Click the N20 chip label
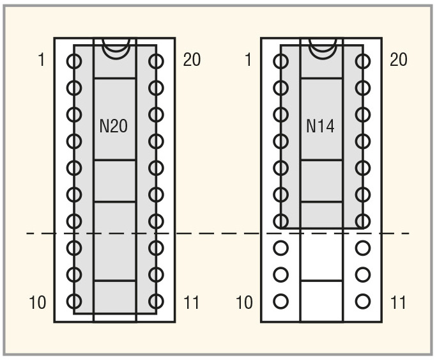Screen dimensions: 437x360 (x=114, y=126)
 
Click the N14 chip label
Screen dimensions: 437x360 (x=320, y=126)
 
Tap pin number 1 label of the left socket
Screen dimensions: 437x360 (x=42, y=59)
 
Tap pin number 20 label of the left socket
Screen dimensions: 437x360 (x=192, y=59)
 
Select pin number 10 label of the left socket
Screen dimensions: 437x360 (x=38, y=302)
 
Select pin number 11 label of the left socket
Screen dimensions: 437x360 (x=192, y=302)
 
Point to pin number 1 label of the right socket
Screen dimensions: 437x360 (x=249, y=59)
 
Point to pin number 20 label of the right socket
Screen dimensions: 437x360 (x=399, y=59)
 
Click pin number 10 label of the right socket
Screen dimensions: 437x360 (x=245, y=302)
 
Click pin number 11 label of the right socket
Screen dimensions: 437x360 (x=398, y=302)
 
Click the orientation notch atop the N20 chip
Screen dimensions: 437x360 (x=116, y=58)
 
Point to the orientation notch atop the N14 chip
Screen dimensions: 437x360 (x=323, y=58)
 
